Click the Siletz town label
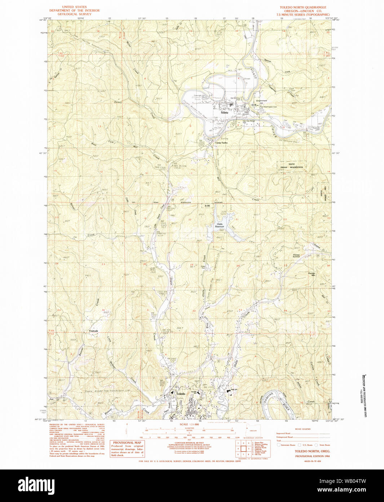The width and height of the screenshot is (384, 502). click(225, 113)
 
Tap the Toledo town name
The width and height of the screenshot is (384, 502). click(180, 394)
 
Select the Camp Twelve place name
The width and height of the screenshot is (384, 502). click(221, 143)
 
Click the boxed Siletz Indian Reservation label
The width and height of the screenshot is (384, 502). click(292, 166)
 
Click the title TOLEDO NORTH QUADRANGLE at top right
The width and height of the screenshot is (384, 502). click(303, 7)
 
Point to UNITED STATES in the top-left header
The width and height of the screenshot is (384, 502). click(74, 7)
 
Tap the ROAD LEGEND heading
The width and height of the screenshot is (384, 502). click(303, 429)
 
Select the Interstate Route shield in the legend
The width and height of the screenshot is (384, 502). click(279, 445)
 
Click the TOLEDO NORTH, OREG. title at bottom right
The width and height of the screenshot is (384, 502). click(307, 451)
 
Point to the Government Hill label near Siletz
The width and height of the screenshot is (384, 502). click(261, 102)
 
